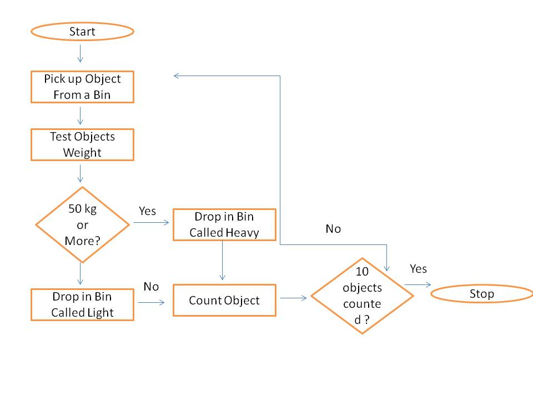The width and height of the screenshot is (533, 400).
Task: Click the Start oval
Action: (82, 32)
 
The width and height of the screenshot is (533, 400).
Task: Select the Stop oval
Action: (482, 293)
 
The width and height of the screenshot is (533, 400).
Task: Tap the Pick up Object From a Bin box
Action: (82, 87)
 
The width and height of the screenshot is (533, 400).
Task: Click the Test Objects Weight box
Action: (82, 144)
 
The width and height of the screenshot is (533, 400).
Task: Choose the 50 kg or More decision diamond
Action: (82, 224)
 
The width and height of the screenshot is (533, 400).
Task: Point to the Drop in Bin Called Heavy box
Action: (224, 224)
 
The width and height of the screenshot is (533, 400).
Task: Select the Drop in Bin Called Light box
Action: (82, 304)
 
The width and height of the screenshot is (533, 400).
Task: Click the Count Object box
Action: (224, 301)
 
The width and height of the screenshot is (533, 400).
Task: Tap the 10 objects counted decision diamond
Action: (362, 296)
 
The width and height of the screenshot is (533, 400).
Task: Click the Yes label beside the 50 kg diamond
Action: (147, 211)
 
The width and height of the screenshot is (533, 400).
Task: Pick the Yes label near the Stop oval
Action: (418, 269)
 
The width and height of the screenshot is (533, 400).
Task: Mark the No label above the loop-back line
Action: (333, 228)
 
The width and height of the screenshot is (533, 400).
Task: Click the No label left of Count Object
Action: (151, 287)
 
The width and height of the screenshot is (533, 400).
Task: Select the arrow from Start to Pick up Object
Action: (80, 53)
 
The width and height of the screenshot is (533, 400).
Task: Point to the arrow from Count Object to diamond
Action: (293, 298)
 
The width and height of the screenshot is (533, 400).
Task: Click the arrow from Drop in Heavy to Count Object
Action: (222, 260)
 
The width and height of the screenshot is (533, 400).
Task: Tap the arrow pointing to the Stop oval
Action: (418, 284)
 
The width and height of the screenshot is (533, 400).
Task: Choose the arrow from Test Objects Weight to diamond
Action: (80, 173)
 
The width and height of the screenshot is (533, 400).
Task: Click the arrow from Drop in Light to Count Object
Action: (151, 302)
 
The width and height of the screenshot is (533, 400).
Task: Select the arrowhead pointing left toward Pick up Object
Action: (176, 76)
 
